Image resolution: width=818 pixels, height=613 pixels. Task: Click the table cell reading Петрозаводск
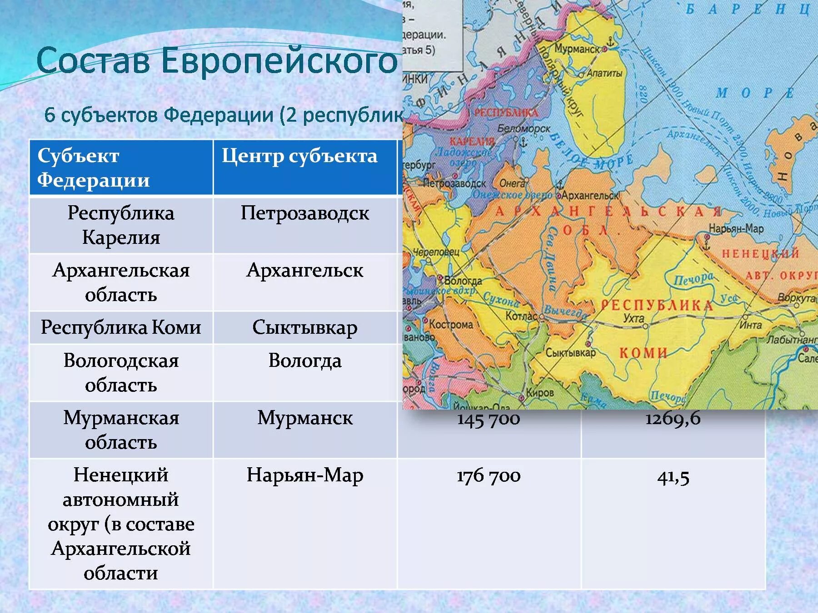[x=304, y=213]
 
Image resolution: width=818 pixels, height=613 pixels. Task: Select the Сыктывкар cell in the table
[x=304, y=327]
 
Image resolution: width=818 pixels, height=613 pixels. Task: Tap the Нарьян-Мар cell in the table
[x=304, y=475]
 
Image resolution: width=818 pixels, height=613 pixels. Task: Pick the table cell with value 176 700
[x=489, y=476]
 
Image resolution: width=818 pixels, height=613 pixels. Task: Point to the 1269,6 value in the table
[x=673, y=418]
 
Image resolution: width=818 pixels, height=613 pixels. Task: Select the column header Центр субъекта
[x=299, y=156]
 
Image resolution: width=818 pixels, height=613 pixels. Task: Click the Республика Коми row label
[x=121, y=327]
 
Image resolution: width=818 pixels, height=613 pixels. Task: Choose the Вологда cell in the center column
[x=304, y=361]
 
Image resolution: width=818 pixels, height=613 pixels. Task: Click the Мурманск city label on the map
[x=577, y=49]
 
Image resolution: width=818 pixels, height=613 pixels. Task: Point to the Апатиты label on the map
[x=604, y=73]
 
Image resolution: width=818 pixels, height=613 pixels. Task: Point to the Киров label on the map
[x=539, y=393]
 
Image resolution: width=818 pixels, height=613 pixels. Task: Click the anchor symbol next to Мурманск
[x=610, y=42]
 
